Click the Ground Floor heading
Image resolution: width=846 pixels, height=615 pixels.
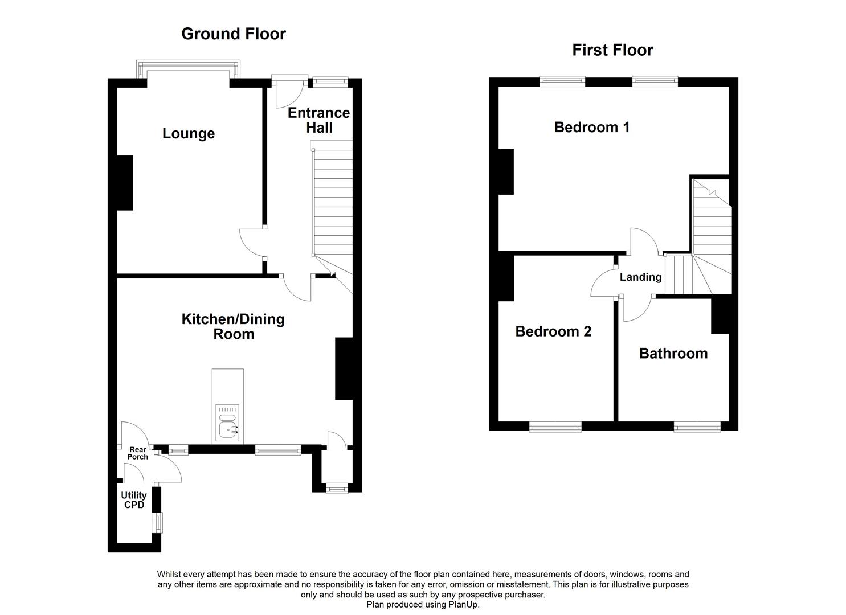coord(233,34)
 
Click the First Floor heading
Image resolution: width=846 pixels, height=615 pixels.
coord(612,50)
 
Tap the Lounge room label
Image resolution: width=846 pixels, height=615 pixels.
coord(189,134)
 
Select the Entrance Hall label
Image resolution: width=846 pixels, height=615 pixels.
coord(318,120)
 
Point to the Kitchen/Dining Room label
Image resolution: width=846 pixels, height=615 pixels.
coord(233,326)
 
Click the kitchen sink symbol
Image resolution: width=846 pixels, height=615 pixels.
coord(228,424)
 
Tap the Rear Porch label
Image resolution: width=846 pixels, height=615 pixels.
coord(138,453)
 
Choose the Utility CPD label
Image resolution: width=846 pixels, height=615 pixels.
coord(134,500)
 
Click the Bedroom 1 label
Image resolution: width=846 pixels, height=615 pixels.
coord(592,127)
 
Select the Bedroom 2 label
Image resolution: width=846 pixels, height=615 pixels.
coord(553,331)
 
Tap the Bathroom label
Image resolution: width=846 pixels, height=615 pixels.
coord(673,354)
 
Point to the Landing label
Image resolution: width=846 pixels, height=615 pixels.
coord(640,277)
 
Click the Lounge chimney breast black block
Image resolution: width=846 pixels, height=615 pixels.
coord(125,183)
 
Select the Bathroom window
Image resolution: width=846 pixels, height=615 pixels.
coord(697,426)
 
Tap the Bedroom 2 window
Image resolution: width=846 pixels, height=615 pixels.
coord(555,426)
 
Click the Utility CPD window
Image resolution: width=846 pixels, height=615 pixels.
coord(157,522)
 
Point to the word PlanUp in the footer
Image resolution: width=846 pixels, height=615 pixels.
coord(466,605)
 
